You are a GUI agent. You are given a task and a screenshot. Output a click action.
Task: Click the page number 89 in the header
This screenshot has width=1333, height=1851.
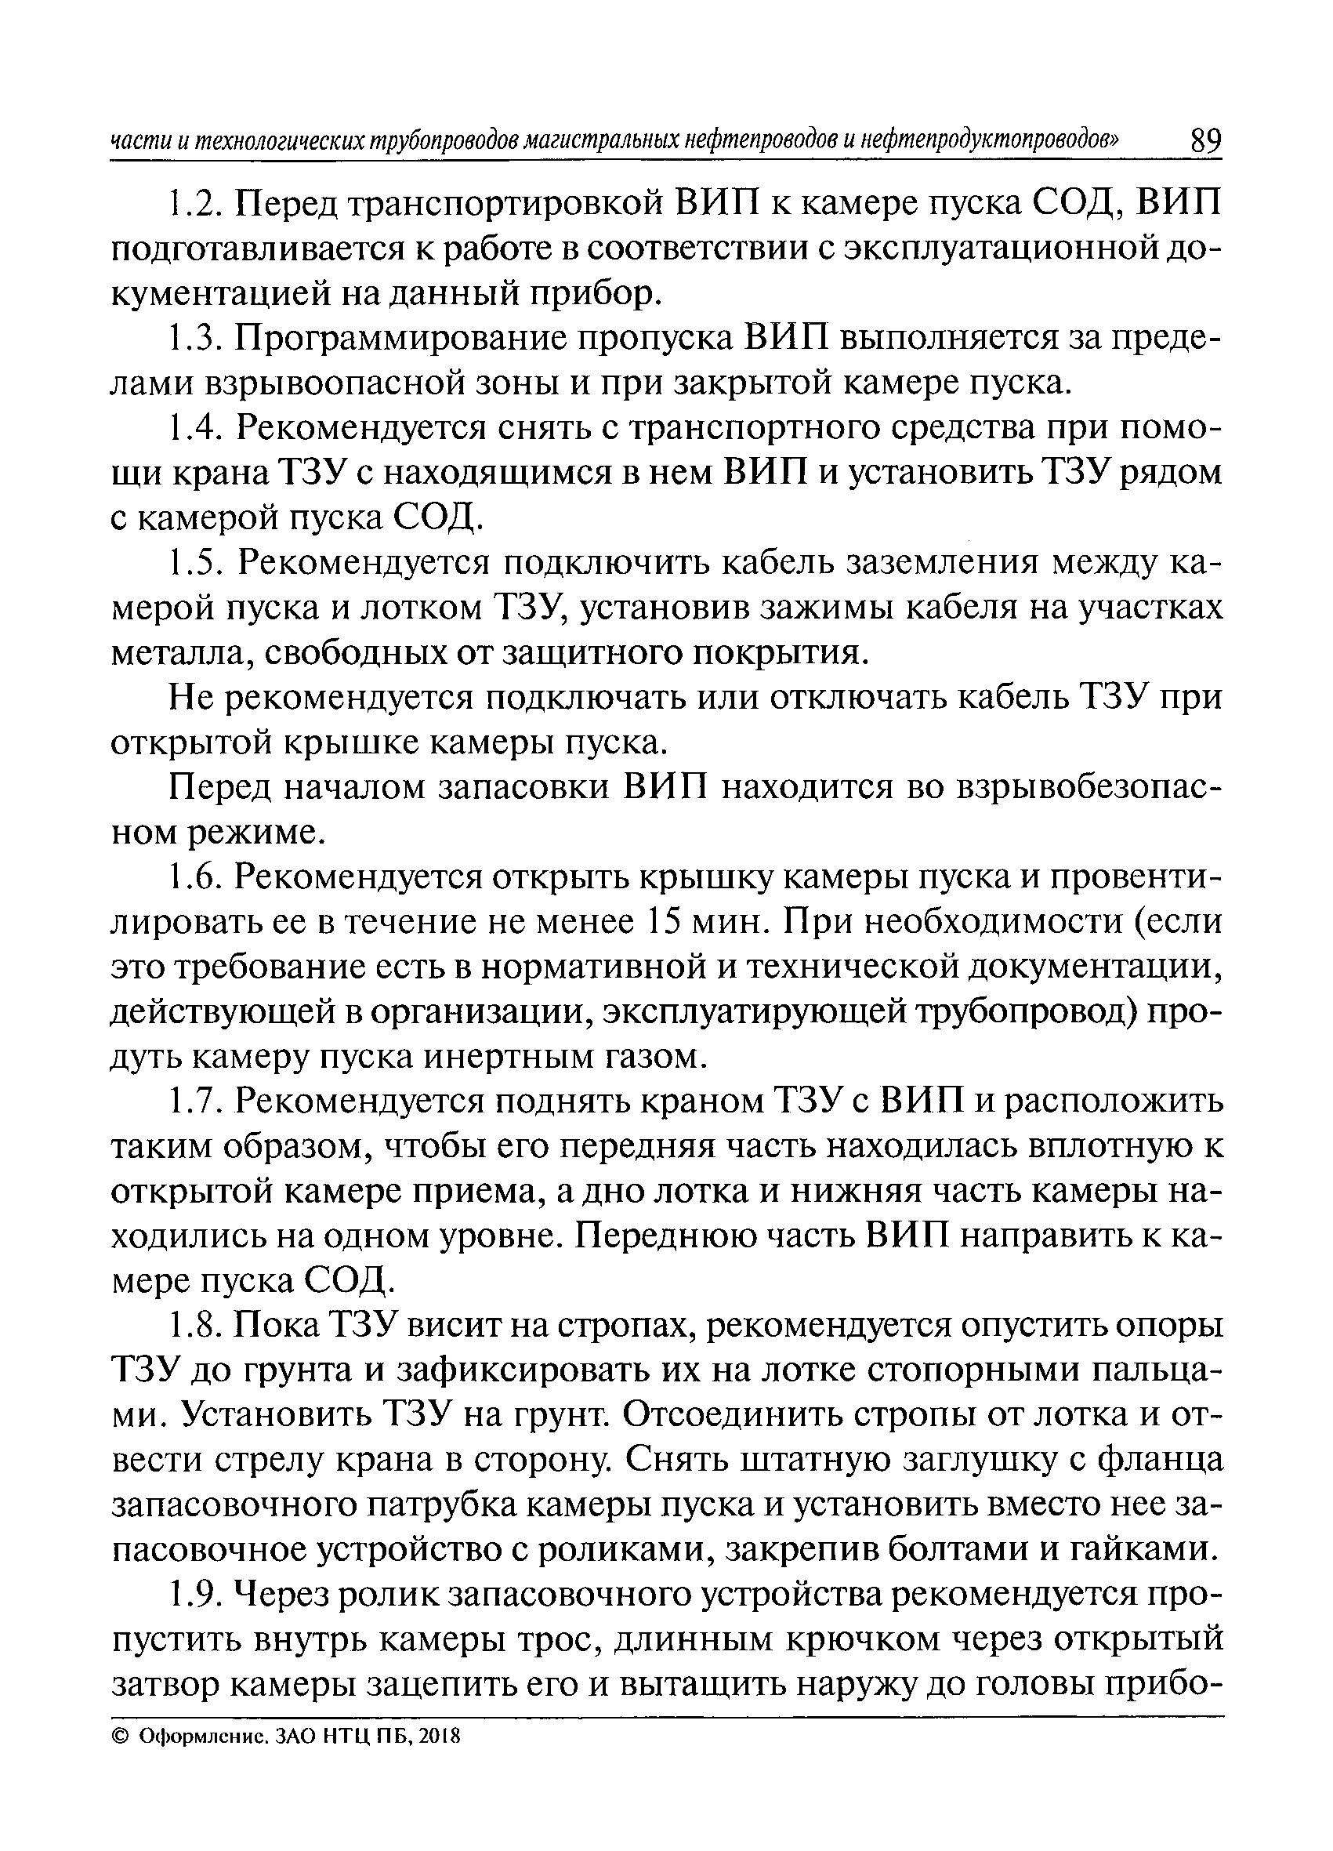click(x=1205, y=141)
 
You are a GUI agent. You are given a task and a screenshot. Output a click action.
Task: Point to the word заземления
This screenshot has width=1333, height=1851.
click(x=942, y=562)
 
